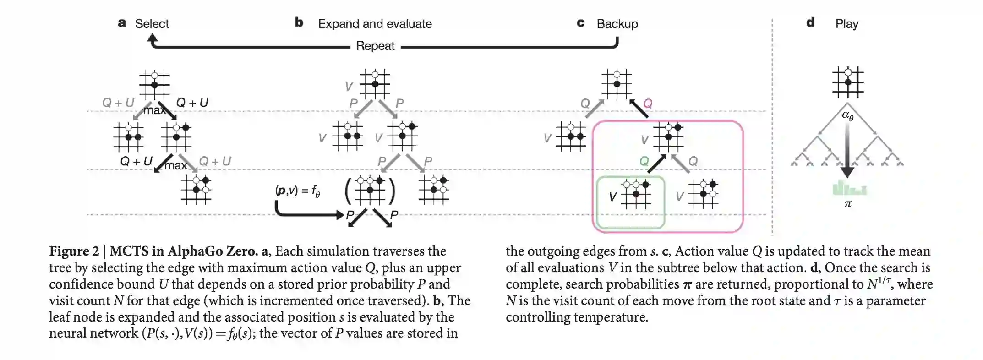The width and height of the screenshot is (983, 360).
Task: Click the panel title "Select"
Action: pos(152,24)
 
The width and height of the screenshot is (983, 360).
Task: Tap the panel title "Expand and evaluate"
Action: pos(375,24)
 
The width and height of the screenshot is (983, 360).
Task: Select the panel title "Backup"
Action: pos(617,24)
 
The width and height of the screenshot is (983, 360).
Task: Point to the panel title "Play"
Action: pos(846,24)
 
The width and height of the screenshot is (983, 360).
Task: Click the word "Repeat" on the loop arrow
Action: pos(375,46)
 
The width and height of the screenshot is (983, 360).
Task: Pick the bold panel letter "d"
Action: pos(810,22)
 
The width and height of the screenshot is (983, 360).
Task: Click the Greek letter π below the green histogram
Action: pos(848,204)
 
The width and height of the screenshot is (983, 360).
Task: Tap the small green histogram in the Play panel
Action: pos(849,188)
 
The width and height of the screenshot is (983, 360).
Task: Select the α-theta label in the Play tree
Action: pos(848,115)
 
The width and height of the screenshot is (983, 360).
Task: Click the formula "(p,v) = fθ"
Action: pos(297,191)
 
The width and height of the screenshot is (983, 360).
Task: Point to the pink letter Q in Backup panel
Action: pos(647,104)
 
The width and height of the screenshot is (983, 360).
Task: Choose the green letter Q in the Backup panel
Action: pos(644,161)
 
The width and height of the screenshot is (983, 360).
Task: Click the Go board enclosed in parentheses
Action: pos(370,190)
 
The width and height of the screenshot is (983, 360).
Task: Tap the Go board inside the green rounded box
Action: pos(636,194)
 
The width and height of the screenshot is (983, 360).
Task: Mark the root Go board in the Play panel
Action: pos(848,82)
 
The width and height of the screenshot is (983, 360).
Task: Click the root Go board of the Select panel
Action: pos(154,85)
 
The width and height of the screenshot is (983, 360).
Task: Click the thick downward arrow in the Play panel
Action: pos(847,151)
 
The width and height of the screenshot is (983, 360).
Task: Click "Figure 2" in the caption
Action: pos(74,251)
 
